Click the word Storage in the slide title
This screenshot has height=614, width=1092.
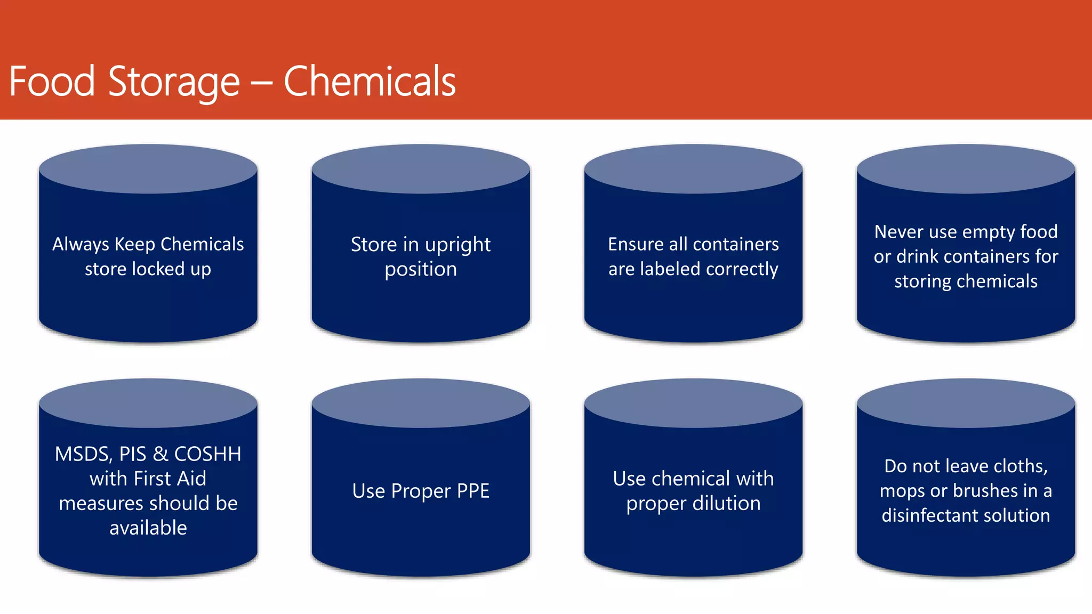point(174,82)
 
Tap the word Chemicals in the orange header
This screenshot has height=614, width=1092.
point(370,82)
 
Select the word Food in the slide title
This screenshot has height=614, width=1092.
point(52,82)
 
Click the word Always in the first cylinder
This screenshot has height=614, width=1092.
point(81,244)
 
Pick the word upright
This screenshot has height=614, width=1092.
point(457,245)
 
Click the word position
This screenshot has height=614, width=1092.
point(421,269)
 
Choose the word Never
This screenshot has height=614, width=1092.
point(899,232)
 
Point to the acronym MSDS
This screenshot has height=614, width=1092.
point(83,454)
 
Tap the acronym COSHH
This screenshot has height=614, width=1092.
point(207,454)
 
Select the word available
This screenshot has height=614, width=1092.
point(148,528)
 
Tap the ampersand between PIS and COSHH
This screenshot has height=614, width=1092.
point(160,454)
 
